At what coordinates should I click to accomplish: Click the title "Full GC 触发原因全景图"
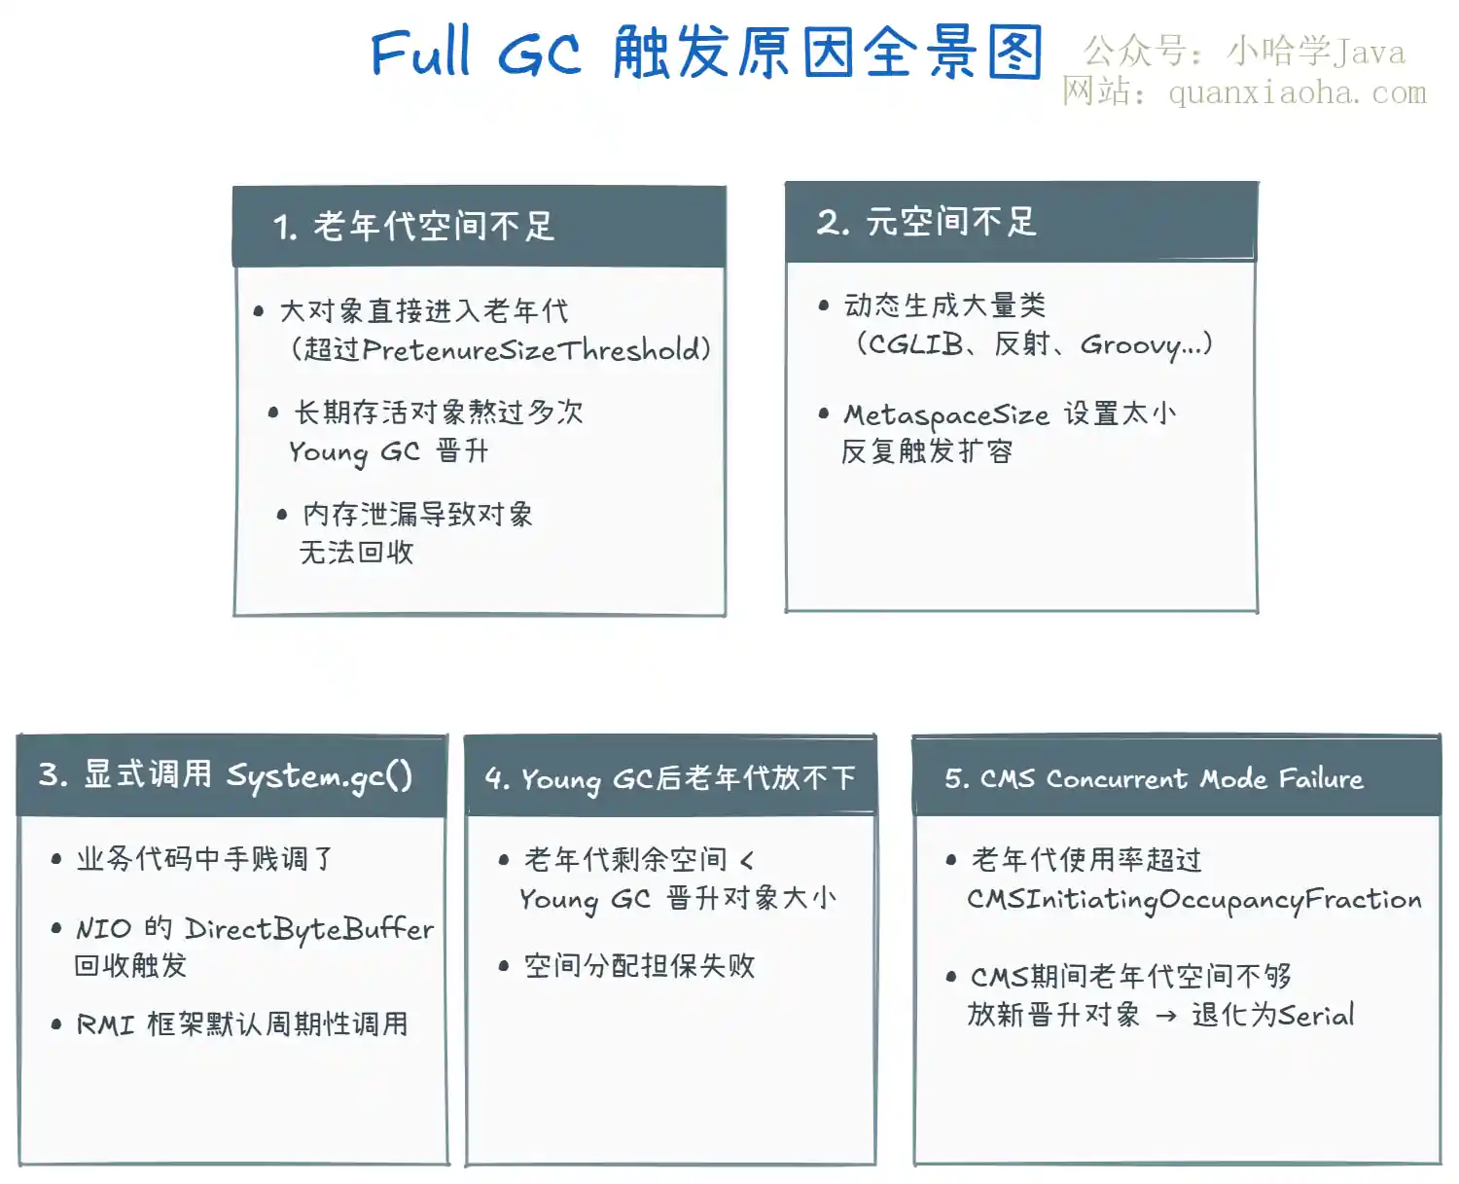(x=706, y=52)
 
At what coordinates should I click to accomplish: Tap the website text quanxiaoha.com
(x=1298, y=92)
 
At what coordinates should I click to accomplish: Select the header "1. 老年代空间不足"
(x=413, y=226)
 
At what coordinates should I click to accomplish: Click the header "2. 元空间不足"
(x=926, y=221)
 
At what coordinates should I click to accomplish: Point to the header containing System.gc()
(x=226, y=776)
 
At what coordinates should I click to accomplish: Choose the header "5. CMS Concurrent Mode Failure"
(x=1154, y=778)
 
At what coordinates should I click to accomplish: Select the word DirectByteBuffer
(x=309, y=930)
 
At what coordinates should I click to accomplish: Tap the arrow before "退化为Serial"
(x=1166, y=1017)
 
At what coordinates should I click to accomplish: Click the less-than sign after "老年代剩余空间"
(x=747, y=861)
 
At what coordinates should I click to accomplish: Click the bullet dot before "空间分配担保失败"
(x=504, y=967)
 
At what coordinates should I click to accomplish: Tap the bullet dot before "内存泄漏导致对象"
(x=281, y=516)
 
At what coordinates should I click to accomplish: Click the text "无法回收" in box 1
(x=356, y=553)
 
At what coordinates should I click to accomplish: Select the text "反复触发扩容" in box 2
(x=927, y=451)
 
